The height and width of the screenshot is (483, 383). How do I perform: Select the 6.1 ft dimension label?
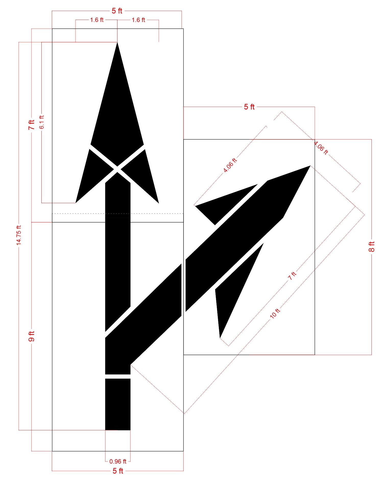42,122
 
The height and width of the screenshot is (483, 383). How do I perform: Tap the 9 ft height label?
31,336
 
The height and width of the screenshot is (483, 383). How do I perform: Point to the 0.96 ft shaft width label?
118,461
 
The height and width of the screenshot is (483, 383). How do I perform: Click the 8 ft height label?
372,247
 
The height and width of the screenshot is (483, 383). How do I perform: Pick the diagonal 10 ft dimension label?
275,313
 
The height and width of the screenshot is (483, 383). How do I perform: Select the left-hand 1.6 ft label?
97,20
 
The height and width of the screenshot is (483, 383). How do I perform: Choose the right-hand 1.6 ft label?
138,20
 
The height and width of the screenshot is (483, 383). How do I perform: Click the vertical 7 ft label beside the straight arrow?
31,125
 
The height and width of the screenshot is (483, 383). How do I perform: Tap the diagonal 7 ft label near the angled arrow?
292,276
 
